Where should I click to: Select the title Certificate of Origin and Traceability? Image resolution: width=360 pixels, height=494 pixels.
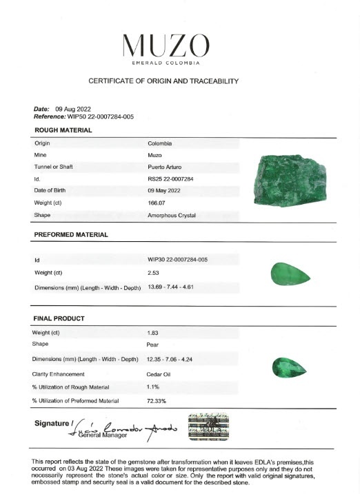pyautogui.click(x=163, y=81)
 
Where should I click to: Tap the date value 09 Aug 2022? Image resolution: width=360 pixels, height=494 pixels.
pyautogui.click(x=72, y=109)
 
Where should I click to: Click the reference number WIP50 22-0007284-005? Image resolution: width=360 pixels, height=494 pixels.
pyautogui.click(x=100, y=116)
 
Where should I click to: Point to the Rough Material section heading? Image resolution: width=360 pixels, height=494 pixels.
pyautogui.click(x=63, y=130)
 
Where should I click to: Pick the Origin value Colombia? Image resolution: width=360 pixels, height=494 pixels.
pyautogui.click(x=159, y=143)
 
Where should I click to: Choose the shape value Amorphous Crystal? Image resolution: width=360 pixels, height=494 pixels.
pyautogui.click(x=172, y=216)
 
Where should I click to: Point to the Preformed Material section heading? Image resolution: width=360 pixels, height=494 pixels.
pyautogui.click(x=70, y=235)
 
